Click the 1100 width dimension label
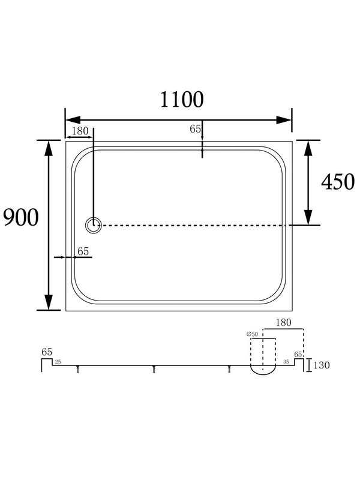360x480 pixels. point(182,100)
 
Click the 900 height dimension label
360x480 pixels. point(21,217)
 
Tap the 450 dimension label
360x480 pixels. point(338,182)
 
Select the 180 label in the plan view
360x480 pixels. point(80,131)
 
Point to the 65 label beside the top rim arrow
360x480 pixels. point(195,129)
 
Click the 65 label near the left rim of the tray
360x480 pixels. point(83,251)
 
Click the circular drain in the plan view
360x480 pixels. point(93,226)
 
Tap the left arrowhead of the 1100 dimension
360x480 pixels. point(73,120)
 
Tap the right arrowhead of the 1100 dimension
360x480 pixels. point(284,120)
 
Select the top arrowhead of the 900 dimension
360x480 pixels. point(49,148)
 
